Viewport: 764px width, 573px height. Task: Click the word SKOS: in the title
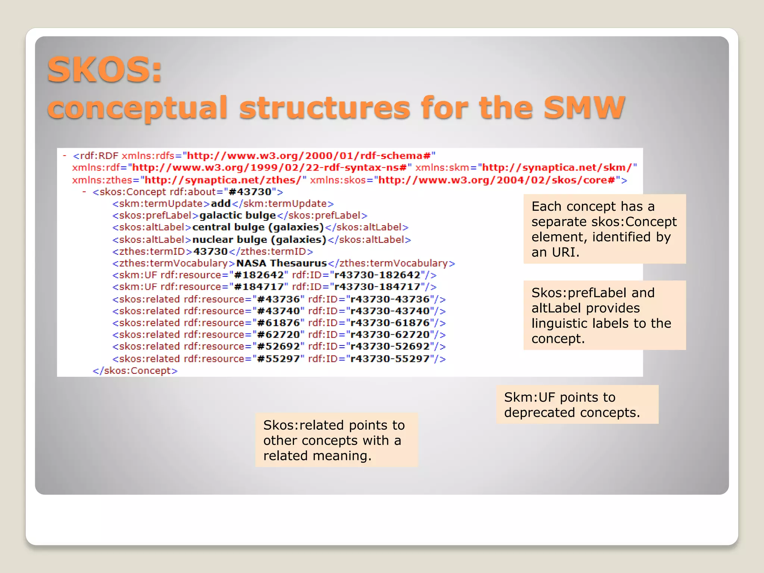pos(105,70)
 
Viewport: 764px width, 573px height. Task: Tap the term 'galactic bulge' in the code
pos(238,216)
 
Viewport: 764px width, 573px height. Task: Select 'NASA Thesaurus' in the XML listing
pos(281,263)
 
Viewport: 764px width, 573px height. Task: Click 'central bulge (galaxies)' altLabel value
pos(258,228)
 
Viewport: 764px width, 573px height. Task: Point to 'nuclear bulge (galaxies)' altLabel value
pos(259,239)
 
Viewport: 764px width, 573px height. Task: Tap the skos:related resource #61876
pos(278,323)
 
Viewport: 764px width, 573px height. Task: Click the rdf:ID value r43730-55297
pos(390,359)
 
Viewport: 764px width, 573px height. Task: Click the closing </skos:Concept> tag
pos(135,371)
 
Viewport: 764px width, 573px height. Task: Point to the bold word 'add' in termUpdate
pos(220,204)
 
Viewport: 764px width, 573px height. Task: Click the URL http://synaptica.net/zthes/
pos(223,180)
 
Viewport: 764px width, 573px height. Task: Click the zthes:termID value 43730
pos(210,251)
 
